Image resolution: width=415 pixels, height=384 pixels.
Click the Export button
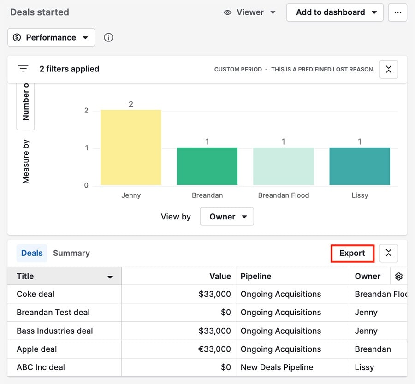click(x=352, y=253)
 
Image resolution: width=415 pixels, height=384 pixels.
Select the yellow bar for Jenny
click(x=131, y=148)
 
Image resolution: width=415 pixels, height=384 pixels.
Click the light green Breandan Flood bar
click(x=283, y=166)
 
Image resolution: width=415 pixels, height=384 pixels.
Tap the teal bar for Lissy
click(x=360, y=166)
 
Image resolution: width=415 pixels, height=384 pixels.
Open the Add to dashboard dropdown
click(x=335, y=12)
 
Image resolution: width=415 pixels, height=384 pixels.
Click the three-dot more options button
click(x=397, y=12)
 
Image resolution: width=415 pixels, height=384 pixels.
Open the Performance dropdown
click(x=51, y=37)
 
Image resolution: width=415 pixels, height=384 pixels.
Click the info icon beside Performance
click(x=108, y=37)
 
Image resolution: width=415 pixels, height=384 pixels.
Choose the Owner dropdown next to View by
click(x=227, y=217)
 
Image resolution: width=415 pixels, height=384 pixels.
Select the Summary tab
click(x=71, y=253)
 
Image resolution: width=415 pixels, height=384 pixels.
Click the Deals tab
click(x=32, y=253)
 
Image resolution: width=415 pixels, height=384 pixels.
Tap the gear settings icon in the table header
click(x=399, y=277)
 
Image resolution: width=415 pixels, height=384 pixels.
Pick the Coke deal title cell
click(x=36, y=294)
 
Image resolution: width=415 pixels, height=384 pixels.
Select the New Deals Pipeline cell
click(x=277, y=367)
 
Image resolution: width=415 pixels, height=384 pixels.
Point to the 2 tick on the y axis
click(x=86, y=111)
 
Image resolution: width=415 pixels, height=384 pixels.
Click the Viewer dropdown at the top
click(x=249, y=12)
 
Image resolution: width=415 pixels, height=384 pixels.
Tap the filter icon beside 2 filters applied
click(x=23, y=69)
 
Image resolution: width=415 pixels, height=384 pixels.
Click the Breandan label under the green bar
click(x=207, y=195)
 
